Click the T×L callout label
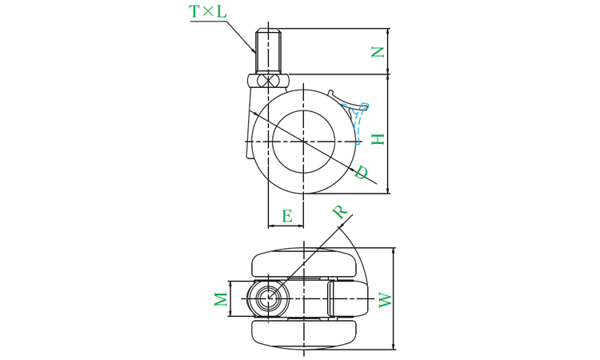208,11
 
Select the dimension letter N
378,52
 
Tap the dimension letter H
378,139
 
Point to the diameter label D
361,172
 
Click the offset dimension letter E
287,216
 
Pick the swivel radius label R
339,211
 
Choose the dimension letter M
221,299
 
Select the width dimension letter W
386,300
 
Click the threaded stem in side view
269,50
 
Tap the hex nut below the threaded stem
268,81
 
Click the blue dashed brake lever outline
359,122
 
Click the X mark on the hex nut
268,81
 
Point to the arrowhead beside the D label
352,168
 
